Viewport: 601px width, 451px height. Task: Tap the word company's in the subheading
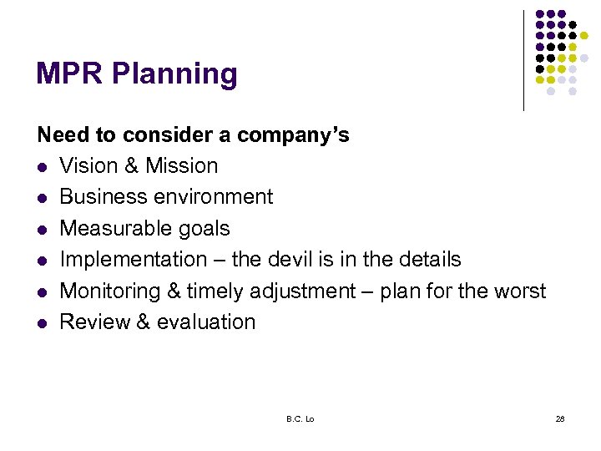click(x=293, y=135)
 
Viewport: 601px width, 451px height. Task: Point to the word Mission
click(x=181, y=166)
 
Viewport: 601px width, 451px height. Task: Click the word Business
click(x=99, y=197)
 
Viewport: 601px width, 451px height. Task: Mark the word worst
click(x=518, y=291)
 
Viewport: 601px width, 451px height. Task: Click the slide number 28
click(x=560, y=418)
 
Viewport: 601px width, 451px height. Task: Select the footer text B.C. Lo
click(x=299, y=418)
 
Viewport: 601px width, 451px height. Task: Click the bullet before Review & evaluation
click(x=43, y=323)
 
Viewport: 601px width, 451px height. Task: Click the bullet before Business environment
click(x=43, y=198)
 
